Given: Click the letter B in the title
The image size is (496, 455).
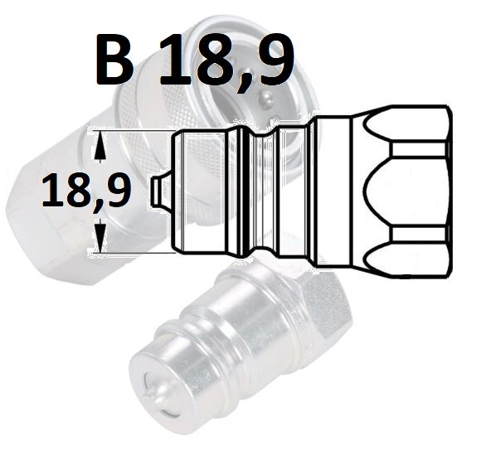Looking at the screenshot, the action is (x=114, y=61).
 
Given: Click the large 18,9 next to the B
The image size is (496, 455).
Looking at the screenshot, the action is (x=227, y=63).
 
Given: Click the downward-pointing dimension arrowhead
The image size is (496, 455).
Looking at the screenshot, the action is (x=100, y=235).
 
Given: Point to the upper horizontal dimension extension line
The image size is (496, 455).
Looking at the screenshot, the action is (x=132, y=130).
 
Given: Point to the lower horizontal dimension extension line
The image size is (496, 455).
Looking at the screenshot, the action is (x=132, y=253).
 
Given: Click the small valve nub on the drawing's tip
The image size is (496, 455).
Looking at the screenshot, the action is (x=162, y=191).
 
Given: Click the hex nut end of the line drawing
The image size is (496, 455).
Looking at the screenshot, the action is (x=401, y=191).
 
